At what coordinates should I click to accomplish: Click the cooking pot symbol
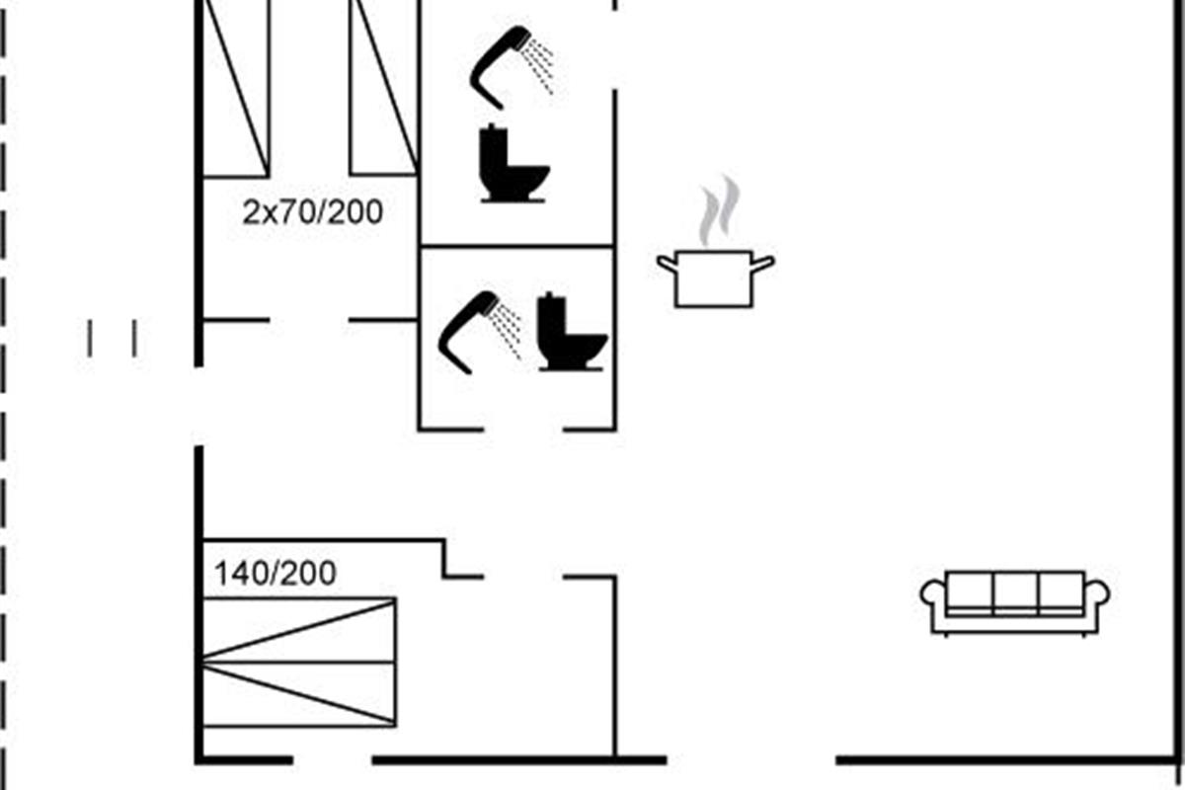[x=715, y=279]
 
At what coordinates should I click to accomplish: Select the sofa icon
[x=1015, y=601]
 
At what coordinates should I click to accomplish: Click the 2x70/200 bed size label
[x=312, y=211]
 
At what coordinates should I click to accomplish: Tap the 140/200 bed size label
[x=276, y=573]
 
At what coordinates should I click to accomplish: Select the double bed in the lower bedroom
[x=298, y=662]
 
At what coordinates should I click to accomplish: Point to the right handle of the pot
[x=763, y=263]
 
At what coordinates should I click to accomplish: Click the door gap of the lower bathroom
[x=523, y=430]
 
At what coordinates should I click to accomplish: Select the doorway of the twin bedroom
[x=309, y=320]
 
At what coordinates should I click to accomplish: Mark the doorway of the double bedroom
[x=523, y=576]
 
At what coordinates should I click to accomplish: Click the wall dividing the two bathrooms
[x=516, y=246]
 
